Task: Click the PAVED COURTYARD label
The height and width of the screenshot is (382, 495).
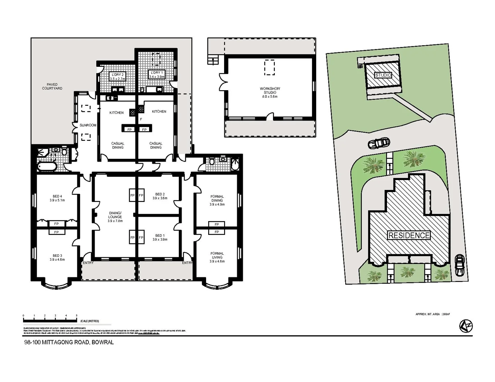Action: click(52, 86)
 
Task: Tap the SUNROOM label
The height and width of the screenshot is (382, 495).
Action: click(87, 125)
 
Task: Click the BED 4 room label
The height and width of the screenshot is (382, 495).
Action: click(57, 196)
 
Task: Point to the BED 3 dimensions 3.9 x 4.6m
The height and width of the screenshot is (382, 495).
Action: click(57, 260)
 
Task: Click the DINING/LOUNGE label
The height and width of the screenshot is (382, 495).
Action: click(115, 215)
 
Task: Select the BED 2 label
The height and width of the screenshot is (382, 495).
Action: click(160, 194)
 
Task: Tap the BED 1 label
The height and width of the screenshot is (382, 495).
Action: click(160, 236)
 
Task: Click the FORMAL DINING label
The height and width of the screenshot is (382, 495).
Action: click(217, 198)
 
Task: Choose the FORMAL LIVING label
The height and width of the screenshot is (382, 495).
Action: click(217, 255)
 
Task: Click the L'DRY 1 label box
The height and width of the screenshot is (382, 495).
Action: click(157, 75)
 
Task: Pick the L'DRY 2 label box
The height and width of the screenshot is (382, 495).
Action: click(118, 77)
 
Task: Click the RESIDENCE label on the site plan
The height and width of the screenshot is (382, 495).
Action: click(409, 236)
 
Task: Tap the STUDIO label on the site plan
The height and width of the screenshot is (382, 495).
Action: click(383, 75)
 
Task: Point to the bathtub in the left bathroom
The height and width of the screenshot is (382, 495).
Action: click(47, 167)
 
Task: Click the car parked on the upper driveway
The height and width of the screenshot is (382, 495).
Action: click(379, 143)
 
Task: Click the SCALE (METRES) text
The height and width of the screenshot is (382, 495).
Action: click(90, 321)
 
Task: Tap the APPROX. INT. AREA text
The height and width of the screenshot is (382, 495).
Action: click(432, 314)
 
